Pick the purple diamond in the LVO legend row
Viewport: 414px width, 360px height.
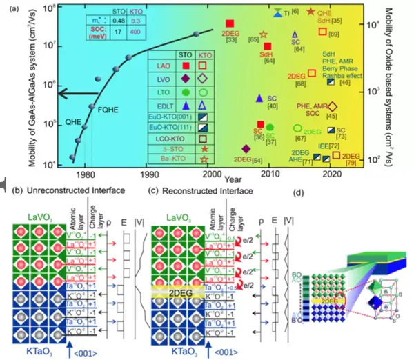[187, 80]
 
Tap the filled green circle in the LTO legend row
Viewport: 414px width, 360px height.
[187, 92]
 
